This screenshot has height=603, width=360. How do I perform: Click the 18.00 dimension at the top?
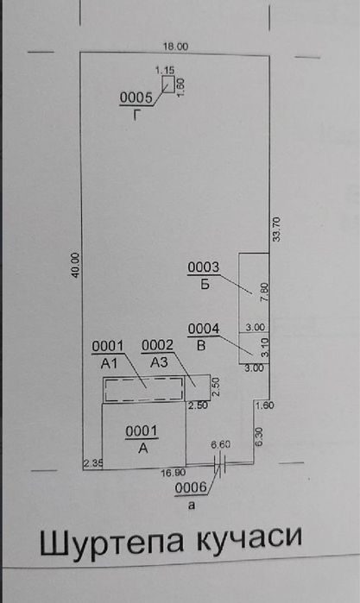[x=175, y=47]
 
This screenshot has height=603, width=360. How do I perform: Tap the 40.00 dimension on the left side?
[x=75, y=265]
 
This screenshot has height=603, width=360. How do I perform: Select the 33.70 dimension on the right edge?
[x=277, y=229]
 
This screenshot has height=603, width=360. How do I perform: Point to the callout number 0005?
[x=136, y=98]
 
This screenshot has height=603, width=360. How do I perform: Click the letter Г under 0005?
[x=136, y=115]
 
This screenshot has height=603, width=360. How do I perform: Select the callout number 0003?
[x=203, y=267]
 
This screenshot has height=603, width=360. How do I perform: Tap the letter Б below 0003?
[x=205, y=285]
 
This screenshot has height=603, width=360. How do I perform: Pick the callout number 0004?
[x=204, y=329]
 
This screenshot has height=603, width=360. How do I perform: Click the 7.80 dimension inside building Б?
[x=264, y=292]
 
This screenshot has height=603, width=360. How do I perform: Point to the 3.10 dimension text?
[x=264, y=348]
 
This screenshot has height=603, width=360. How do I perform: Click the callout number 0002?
[x=157, y=346]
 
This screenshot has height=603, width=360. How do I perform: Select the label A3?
[x=160, y=362]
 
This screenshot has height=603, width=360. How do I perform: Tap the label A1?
[x=109, y=363]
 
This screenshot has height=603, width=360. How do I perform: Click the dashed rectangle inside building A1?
[x=144, y=390]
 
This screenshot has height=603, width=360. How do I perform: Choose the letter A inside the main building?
[x=142, y=449]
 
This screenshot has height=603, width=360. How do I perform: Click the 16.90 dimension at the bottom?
[x=174, y=473]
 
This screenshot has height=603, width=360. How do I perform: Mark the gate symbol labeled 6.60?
[x=220, y=465]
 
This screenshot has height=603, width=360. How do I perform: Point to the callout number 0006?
[x=191, y=488]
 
